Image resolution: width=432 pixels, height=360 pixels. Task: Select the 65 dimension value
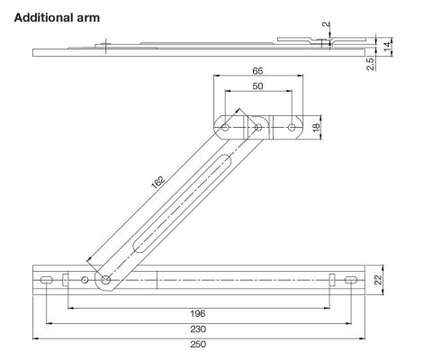coord(257,68)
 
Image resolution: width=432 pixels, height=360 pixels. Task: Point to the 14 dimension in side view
coord(387,43)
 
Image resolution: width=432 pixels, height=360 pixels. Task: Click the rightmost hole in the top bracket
coord(292,128)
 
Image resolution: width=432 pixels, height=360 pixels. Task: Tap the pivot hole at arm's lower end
coord(106,281)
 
